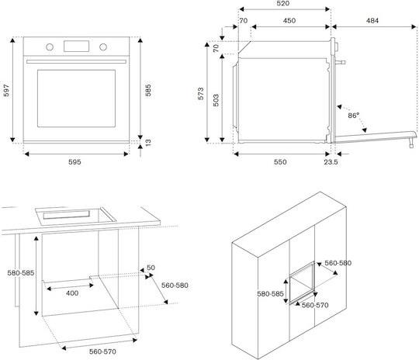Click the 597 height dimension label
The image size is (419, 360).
click(6, 90)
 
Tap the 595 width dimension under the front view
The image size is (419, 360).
click(74, 162)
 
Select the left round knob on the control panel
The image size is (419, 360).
click(50, 47)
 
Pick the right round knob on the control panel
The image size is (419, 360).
click(103, 47)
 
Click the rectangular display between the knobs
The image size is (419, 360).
click(76, 47)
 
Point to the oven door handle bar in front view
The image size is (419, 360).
click(76, 61)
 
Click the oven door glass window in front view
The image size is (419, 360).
click(76, 99)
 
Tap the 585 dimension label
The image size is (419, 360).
click(148, 90)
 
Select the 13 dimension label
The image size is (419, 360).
click(148, 142)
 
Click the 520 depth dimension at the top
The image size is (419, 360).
click(283, 3)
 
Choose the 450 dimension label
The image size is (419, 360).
click(289, 21)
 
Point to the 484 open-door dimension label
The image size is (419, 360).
click(372, 21)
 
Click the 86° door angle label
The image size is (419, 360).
click(353, 116)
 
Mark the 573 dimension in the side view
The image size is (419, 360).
click(201, 94)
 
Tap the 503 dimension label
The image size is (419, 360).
click(216, 100)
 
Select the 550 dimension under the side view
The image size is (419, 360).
click(280, 162)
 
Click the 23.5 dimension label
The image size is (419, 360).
click(331, 162)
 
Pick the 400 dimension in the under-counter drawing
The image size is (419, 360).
click(72, 293)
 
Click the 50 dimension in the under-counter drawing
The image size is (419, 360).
click(151, 268)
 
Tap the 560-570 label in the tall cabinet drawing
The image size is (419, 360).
click(315, 305)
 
